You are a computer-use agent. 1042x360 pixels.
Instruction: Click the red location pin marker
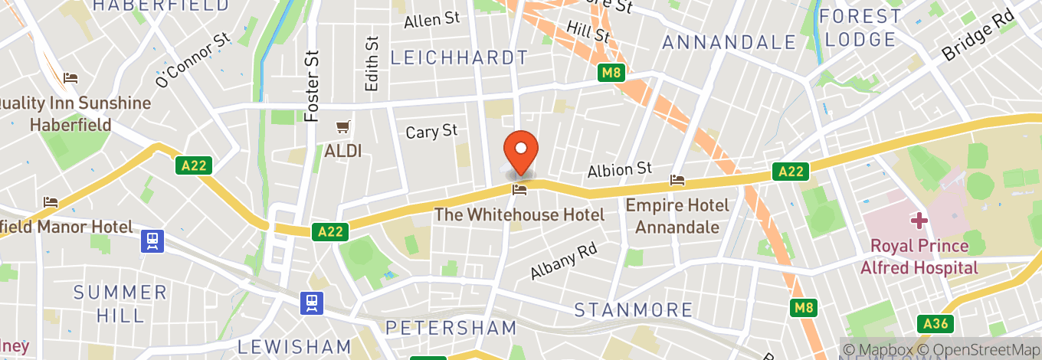pyautogui.click(x=521, y=151)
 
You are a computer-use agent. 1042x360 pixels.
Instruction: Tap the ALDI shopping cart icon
pyautogui.click(x=343, y=126)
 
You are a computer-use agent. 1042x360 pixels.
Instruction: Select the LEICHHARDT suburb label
pyautogui.click(x=459, y=57)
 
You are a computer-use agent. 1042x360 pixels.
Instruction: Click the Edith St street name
pyautogui.click(x=372, y=64)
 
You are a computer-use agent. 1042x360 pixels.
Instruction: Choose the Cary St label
pyautogui.click(x=432, y=132)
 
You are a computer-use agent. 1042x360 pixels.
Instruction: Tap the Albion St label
pyautogui.click(x=619, y=169)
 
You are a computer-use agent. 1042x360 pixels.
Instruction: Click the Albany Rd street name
pyautogui.click(x=563, y=261)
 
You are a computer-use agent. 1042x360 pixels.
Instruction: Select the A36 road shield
pyautogui.click(x=936, y=324)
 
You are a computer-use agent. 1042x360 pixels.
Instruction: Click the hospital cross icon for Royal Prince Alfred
pyautogui.click(x=919, y=221)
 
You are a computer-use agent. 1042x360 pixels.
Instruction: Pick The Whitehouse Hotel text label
pyautogui.click(x=519, y=214)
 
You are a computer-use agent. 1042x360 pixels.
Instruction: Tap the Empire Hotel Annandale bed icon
pyautogui.click(x=677, y=180)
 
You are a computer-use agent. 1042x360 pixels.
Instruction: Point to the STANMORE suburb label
pyautogui.click(x=634, y=310)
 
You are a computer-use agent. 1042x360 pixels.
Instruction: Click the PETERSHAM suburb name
pyautogui.click(x=451, y=329)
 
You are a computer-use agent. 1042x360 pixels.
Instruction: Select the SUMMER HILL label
pyautogui.click(x=120, y=303)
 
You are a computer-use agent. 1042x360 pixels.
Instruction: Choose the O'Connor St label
pyautogui.click(x=193, y=60)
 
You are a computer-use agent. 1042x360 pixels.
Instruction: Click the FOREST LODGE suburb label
pyautogui.click(x=860, y=28)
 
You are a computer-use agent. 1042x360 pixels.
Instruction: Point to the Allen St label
pyautogui.click(x=432, y=20)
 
